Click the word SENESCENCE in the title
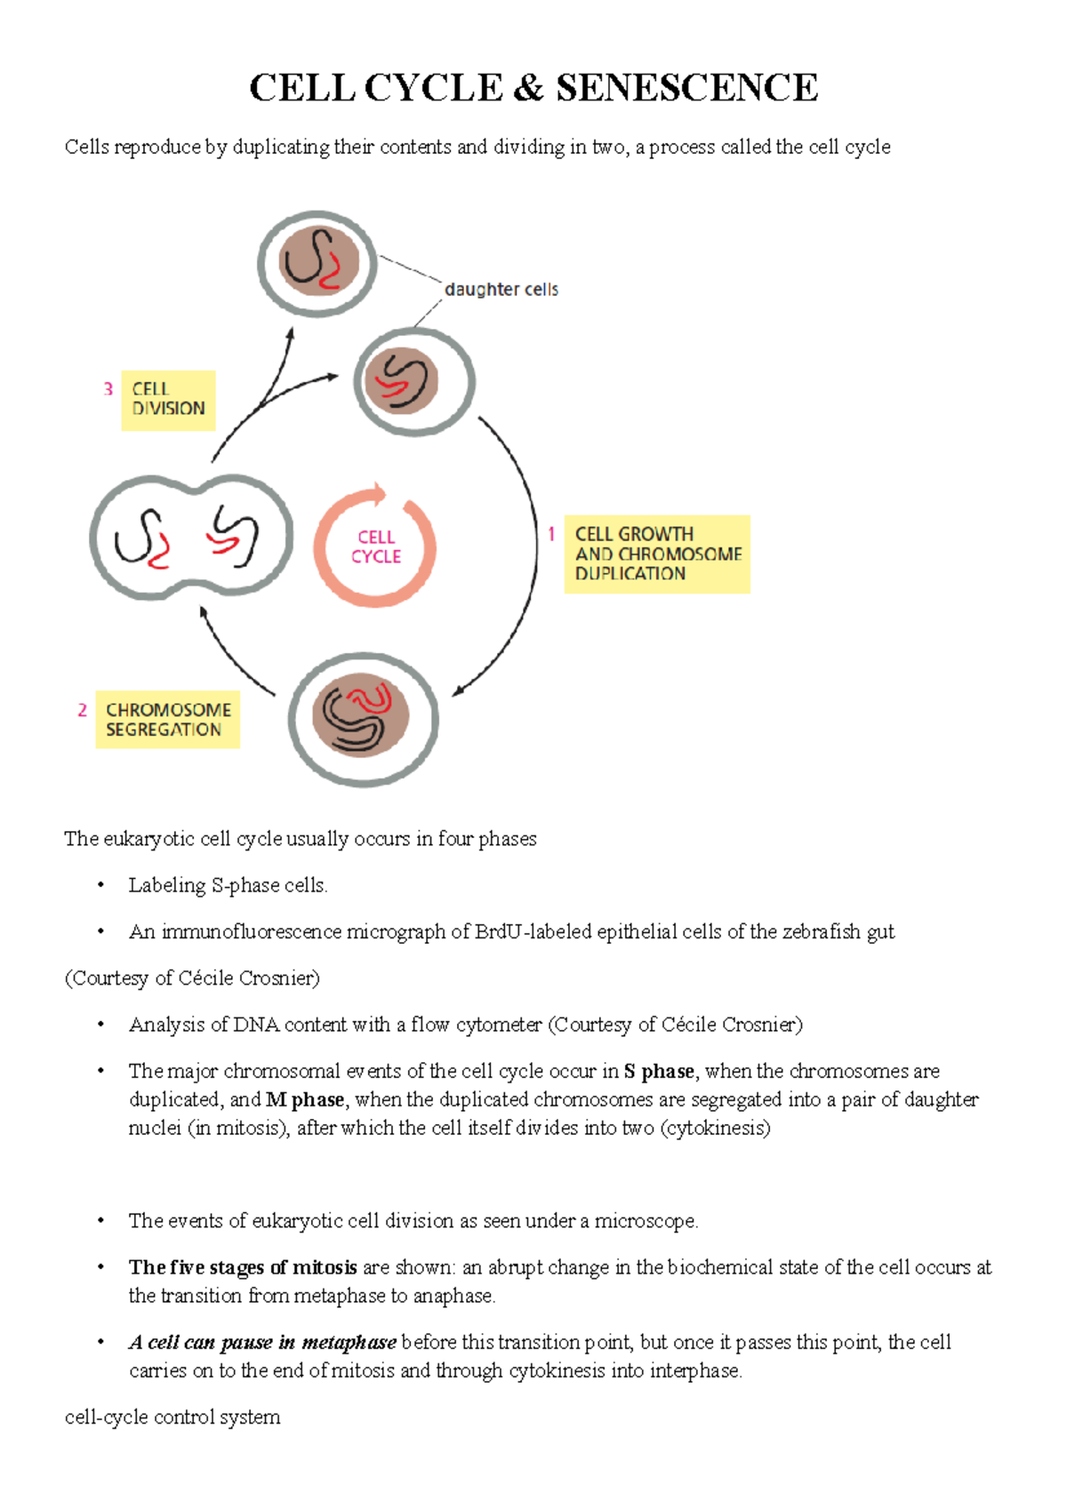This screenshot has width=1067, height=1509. (686, 88)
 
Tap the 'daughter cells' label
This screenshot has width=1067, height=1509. (501, 290)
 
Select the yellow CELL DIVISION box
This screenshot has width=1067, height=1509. (168, 400)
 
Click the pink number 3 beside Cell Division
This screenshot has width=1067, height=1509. (108, 389)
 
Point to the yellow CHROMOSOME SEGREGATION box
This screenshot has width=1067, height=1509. (167, 720)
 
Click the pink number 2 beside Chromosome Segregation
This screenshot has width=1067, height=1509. (82, 710)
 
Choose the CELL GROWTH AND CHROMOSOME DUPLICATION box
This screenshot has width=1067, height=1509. (657, 554)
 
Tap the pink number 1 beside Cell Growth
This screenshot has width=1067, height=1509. (551, 534)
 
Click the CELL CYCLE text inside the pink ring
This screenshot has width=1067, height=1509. (376, 547)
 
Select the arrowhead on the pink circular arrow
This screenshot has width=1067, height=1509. (381, 493)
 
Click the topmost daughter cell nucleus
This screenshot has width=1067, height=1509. (318, 261)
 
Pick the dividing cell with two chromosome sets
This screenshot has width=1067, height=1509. (191, 538)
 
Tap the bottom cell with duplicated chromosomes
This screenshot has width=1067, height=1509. (363, 719)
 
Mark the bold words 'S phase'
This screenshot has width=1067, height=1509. (658, 1071)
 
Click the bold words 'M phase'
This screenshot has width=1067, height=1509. (305, 1099)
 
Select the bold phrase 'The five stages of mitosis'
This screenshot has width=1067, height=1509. (243, 1267)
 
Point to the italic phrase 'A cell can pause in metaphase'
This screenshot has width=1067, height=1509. (262, 1342)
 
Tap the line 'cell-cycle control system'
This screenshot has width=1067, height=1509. (172, 1417)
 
